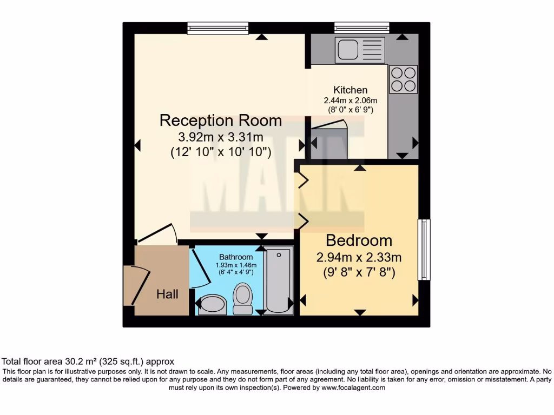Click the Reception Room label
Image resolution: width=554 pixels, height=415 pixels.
coord(220,120)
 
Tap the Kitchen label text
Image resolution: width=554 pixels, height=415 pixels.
coord(350,90)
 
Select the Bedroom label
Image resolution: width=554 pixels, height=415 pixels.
coord(359,240)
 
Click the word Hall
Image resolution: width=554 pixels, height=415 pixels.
coord(167,294)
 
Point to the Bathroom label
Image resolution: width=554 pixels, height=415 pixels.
coord(235,257)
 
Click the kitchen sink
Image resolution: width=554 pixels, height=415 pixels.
coord(360,50)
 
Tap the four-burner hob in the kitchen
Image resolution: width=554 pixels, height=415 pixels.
coord(403,79)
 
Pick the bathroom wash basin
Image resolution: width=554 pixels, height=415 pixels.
coord(211,304)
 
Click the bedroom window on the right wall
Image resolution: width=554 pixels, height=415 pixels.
coord(424,250)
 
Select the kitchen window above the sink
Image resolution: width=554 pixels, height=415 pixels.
coord(361,27)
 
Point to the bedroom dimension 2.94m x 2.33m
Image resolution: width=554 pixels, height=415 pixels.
coord(359,257)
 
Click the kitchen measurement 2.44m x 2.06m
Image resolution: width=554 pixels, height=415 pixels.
coord(350,101)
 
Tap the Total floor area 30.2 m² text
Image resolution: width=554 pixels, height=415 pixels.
coord(88,362)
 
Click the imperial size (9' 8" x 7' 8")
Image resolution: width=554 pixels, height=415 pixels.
coord(359,273)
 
